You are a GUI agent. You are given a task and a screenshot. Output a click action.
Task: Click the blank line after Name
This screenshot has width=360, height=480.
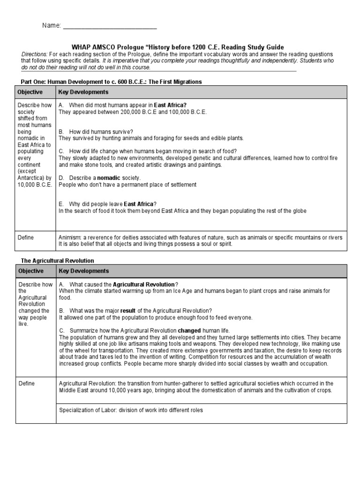tap(110, 26)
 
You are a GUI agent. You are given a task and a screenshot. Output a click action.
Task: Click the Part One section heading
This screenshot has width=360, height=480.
tap(108, 82)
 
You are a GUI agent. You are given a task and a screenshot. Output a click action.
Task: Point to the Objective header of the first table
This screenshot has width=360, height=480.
tap(30, 92)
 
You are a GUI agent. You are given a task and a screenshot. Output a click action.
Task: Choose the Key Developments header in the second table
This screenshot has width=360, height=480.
tap(83, 271)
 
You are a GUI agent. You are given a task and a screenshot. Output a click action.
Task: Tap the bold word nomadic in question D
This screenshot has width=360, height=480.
tap(108, 178)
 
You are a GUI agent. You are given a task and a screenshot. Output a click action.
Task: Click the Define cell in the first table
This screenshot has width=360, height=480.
tap(26, 238)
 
